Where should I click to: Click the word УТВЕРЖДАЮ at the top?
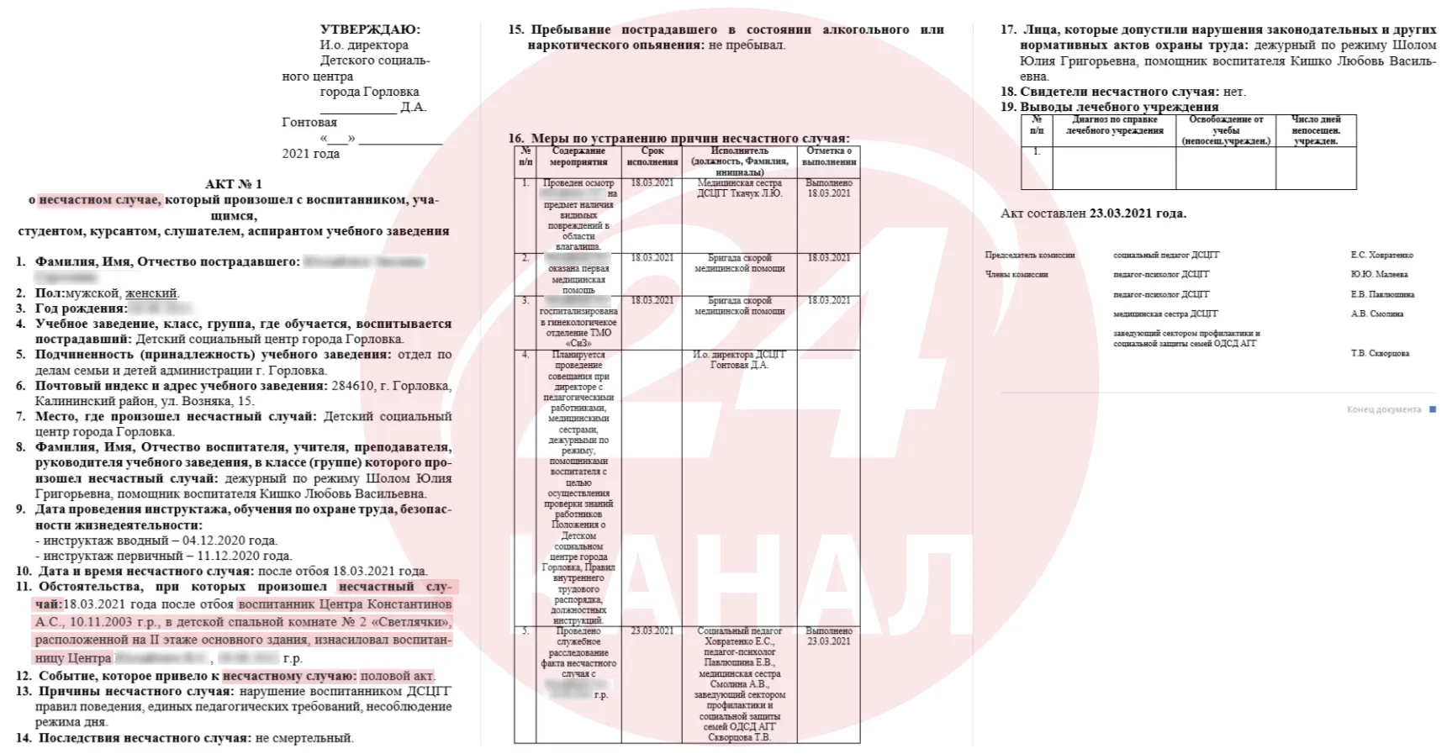tap(370, 29)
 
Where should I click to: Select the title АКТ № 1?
tap(234, 184)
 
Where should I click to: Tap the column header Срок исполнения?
tap(652, 156)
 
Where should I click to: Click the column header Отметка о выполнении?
tap(829, 156)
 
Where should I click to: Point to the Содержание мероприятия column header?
tap(578, 156)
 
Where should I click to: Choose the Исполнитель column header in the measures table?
tap(739, 161)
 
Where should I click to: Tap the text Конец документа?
tap(1383, 409)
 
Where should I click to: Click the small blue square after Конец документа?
tap(1433, 409)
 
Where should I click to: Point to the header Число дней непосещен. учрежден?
tap(1316, 130)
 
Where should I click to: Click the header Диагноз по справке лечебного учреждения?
tap(1114, 125)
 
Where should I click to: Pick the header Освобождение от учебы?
tap(1226, 130)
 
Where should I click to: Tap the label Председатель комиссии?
tap(1029, 255)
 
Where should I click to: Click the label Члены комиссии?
tap(1017, 274)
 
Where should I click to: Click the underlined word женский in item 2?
tap(151, 293)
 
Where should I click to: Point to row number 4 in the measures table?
tap(525, 355)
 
